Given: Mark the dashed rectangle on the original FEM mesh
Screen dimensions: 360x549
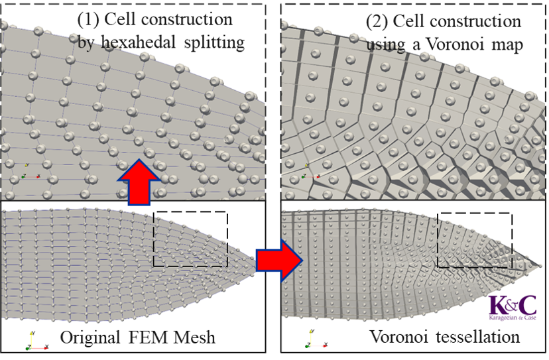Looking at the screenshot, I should tap(190, 239).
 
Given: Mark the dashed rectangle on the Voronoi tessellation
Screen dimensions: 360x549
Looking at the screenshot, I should tap(475, 239).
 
